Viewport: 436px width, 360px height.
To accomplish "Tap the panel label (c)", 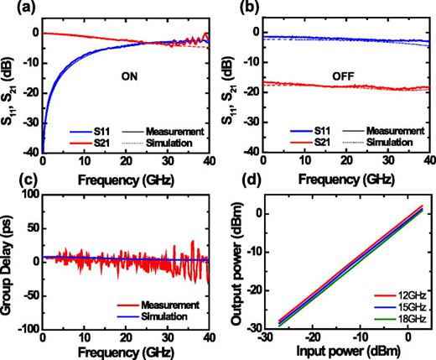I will [x=12, y=186].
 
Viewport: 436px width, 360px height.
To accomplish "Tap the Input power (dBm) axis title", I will [x=345, y=351].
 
